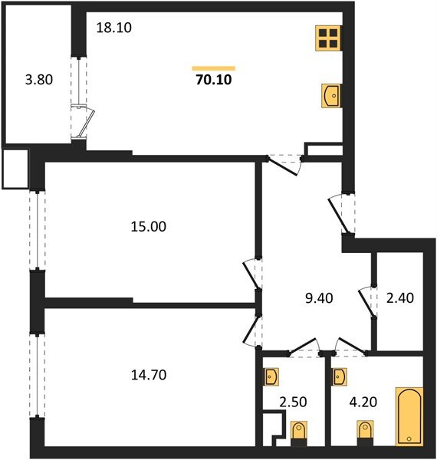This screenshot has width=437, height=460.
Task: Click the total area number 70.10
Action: [x=213, y=78]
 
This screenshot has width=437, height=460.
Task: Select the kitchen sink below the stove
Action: [x=330, y=97]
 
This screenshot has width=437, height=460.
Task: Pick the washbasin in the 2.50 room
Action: [x=272, y=376]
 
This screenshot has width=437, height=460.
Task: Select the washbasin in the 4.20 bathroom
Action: [x=340, y=376]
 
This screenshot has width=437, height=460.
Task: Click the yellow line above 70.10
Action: [x=213, y=67]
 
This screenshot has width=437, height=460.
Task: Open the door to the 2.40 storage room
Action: [x=366, y=300]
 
